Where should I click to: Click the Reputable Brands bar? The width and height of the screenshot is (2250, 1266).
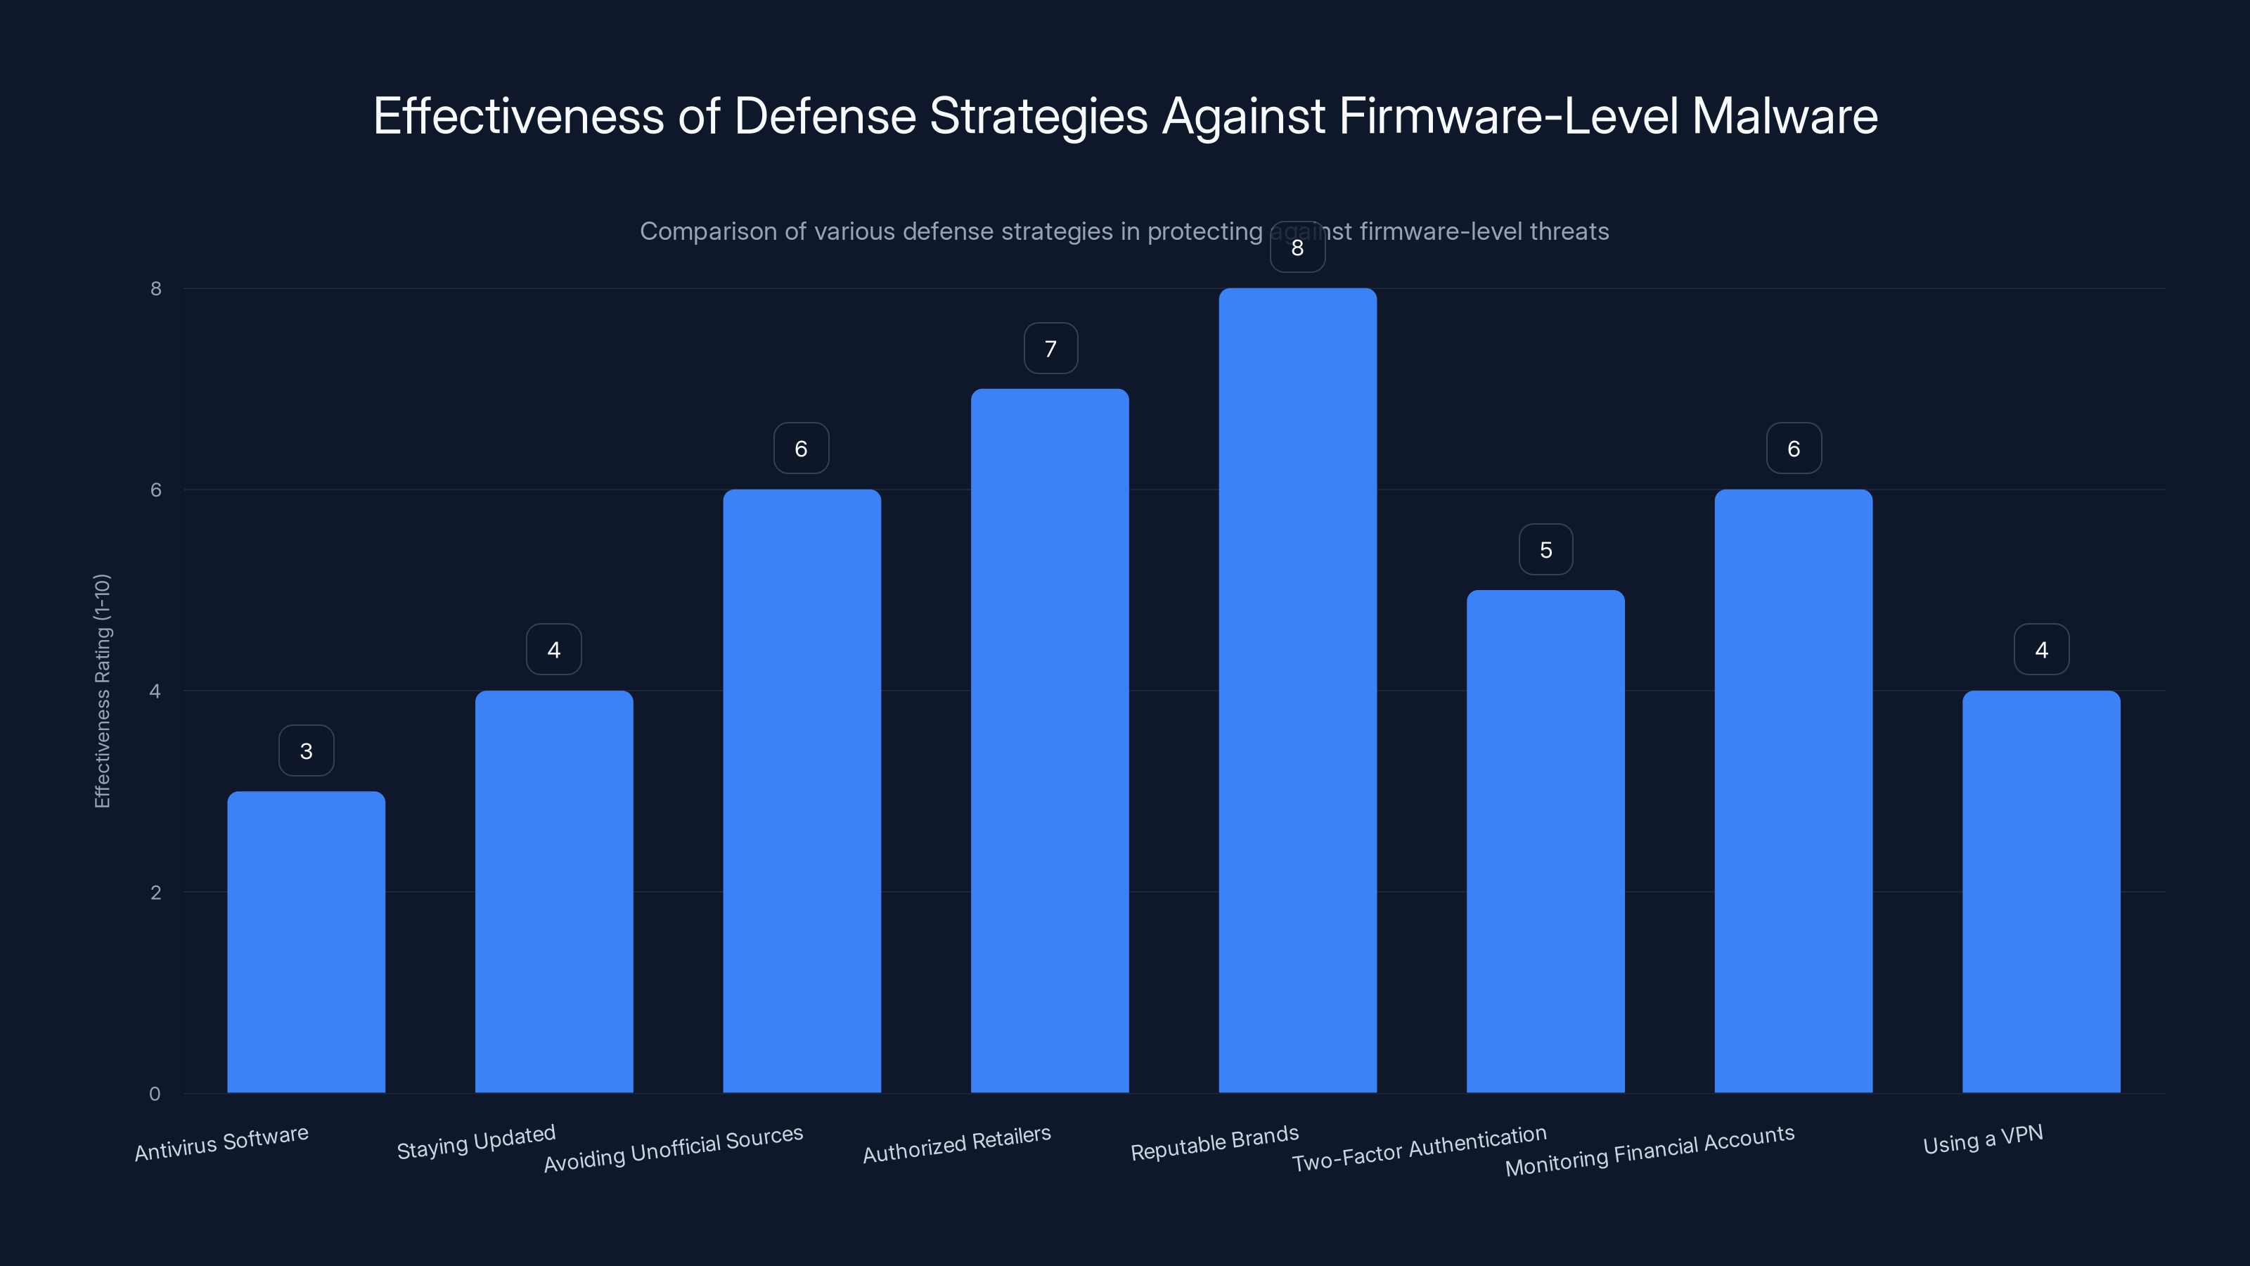pos(1297,690)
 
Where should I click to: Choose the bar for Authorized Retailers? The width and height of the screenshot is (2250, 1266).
pos(1049,741)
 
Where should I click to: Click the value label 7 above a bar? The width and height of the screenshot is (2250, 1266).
pos(1050,349)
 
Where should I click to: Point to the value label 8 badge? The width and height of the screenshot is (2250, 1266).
pos(1297,248)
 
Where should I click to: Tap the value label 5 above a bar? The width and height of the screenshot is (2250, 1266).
pos(1545,549)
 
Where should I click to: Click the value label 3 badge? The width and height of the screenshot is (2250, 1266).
pos(306,750)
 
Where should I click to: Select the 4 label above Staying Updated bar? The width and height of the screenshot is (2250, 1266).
pos(554,650)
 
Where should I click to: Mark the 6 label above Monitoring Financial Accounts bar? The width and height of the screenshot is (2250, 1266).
pos(1793,449)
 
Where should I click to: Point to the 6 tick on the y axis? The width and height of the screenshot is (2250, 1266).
pos(155,490)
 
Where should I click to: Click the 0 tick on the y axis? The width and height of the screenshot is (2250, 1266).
pos(155,1094)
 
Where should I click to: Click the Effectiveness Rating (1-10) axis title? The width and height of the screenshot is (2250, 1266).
pos(102,690)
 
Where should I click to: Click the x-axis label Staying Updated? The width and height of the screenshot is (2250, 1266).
pos(476,1142)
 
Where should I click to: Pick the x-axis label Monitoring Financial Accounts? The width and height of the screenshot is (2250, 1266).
pos(1649,1150)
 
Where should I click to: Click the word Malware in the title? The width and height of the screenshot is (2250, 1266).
pos(1784,116)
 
